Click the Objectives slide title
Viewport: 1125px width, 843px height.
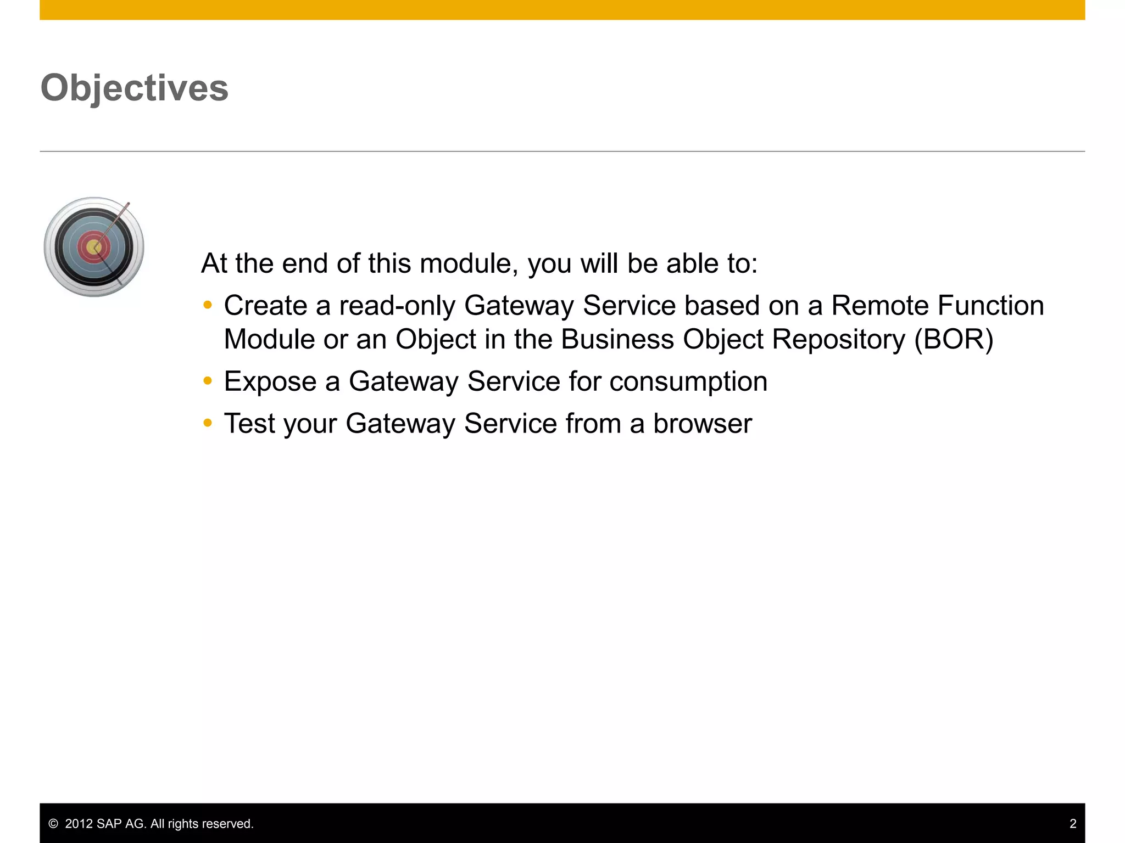pos(135,88)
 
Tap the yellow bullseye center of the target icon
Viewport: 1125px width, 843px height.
pos(93,248)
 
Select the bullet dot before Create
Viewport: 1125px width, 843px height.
pos(207,305)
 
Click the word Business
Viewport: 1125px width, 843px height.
pos(617,340)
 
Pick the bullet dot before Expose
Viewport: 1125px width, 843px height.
pos(207,381)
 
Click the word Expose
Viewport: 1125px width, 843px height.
pos(270,381)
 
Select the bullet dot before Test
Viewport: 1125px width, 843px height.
pos(207,423)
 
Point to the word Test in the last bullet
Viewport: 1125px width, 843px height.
pos(249,424)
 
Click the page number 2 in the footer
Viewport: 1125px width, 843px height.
pos(1073,824)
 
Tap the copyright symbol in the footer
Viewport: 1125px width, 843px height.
pos(53,824)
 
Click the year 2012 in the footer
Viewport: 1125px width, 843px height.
pos(79,824)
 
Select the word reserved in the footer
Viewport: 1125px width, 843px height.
pos(230,824)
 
